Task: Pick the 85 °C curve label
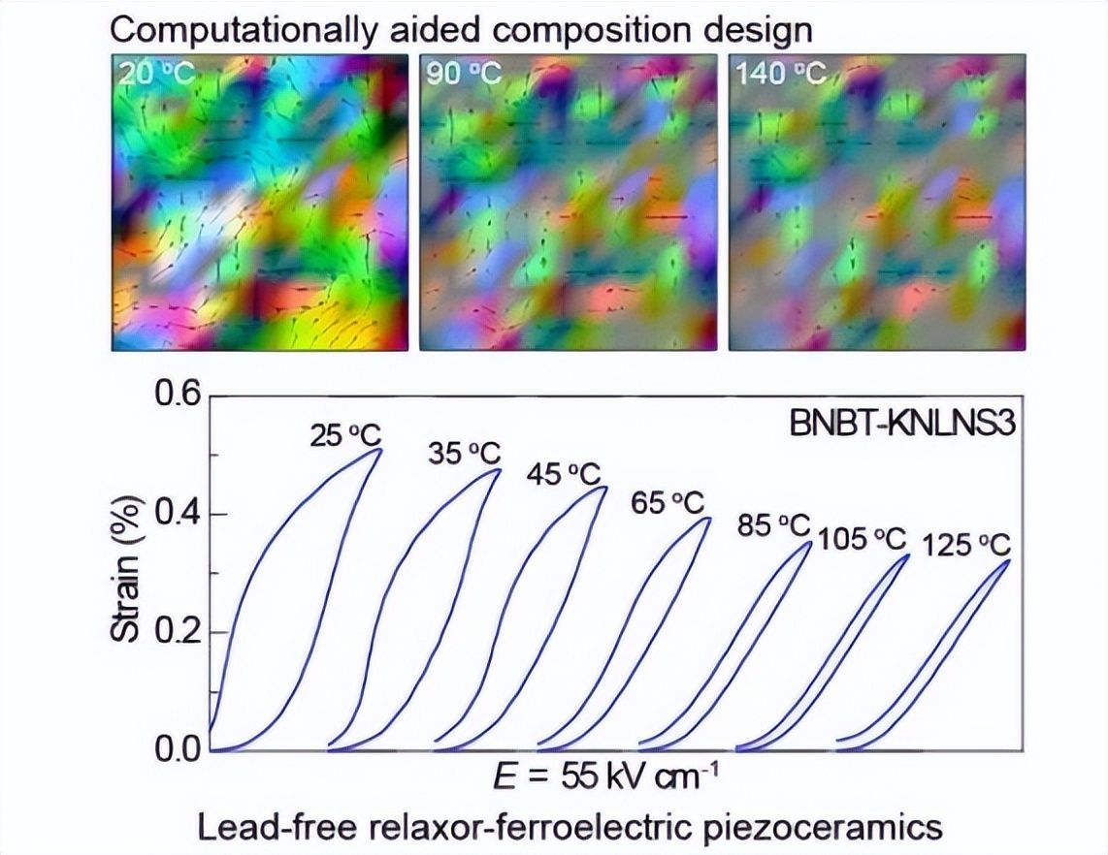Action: click(773, 525)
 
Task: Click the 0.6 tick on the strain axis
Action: click(175, 396)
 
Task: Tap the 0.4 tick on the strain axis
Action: click(175, 514)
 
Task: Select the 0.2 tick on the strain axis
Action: click(175, 632)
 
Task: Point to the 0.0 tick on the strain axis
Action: click(175, 750)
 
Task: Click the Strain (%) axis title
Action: click(126, 572)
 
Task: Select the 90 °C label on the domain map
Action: click(464, 74)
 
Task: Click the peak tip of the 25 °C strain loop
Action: click(379, 449)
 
